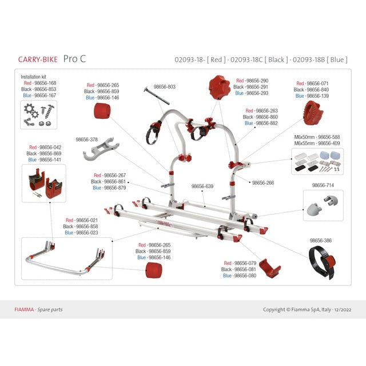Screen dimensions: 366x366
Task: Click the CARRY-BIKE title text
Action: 38,59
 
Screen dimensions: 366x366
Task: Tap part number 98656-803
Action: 164,87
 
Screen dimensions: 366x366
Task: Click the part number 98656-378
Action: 86,139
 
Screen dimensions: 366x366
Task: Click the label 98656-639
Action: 202,186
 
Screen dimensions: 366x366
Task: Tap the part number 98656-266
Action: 263,183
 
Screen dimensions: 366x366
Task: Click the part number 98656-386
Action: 321,241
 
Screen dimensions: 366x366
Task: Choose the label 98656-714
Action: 323,185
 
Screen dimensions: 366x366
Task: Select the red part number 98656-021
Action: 82,220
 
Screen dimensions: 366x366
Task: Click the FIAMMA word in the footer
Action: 24,309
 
